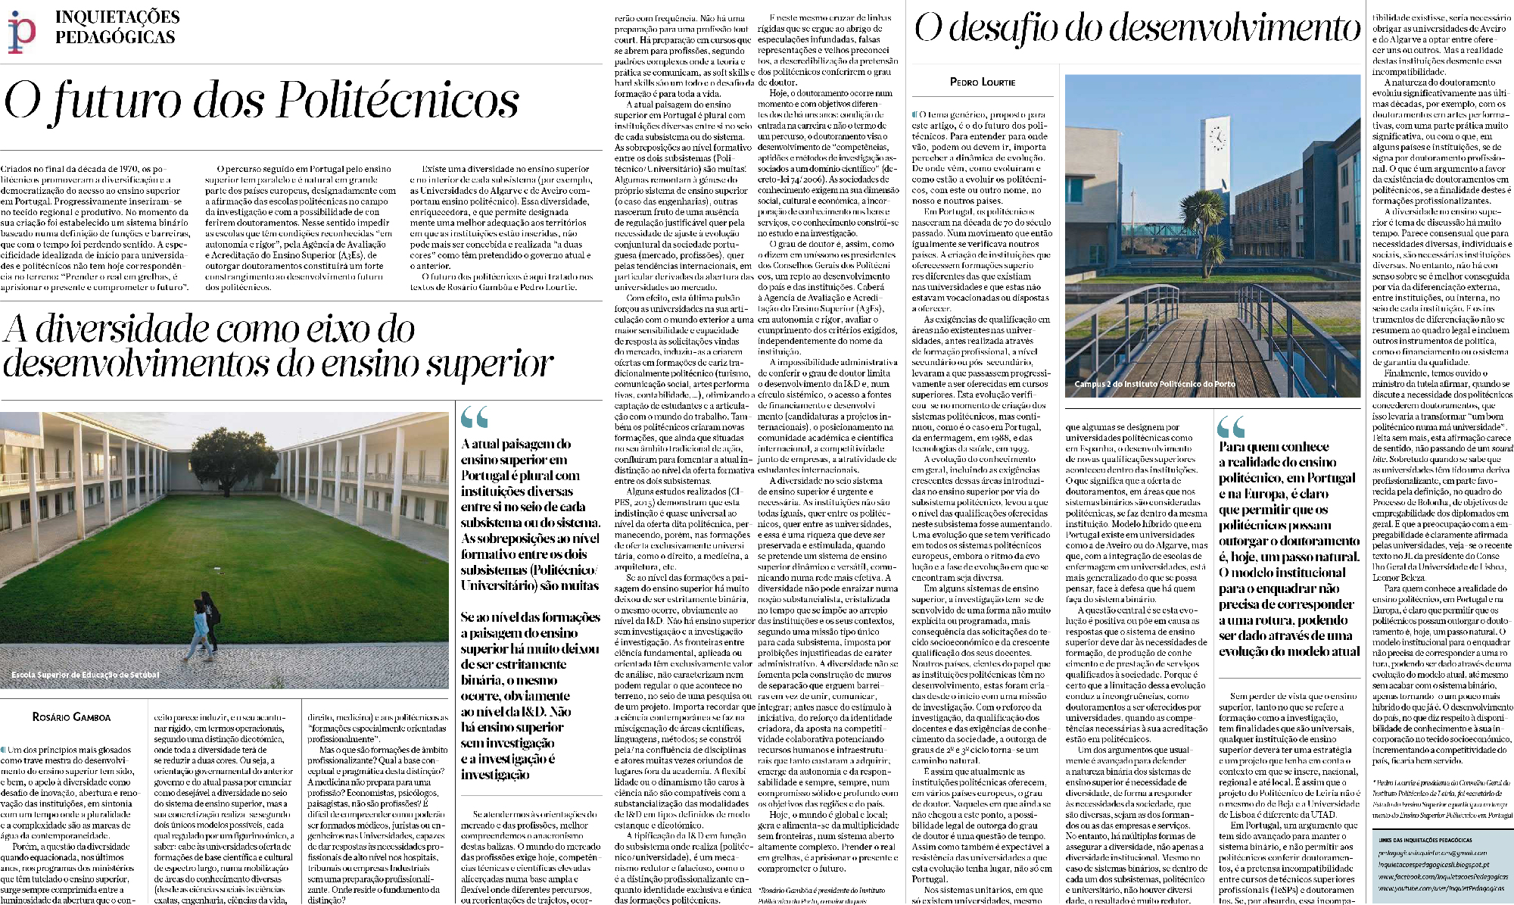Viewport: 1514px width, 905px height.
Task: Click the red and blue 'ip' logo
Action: click(x=21, y=32)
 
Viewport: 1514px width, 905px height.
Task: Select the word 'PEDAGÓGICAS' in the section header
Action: click(x=115, y=37)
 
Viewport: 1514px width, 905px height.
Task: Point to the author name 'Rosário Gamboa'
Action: click(x=71, y=716)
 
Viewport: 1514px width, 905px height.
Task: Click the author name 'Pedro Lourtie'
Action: click(x=983, y=82)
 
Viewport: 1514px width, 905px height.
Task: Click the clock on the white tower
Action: click(x=1218, y=138)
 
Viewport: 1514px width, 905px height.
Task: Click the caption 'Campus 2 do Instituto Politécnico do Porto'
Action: click(x=1154, y=384)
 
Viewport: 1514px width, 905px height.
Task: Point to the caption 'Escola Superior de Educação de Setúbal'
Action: click(x=85, y=675)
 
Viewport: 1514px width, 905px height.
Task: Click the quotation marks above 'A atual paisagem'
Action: click(x=475, y=417)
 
